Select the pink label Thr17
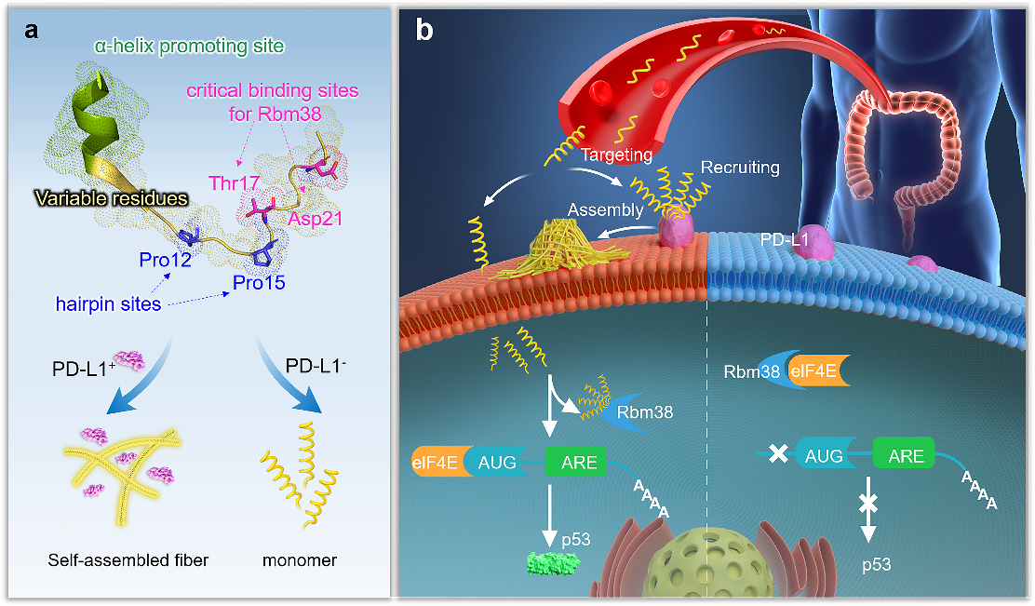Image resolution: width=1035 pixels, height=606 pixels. click(232, 182)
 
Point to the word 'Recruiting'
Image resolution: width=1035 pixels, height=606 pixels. click(741, 168)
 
